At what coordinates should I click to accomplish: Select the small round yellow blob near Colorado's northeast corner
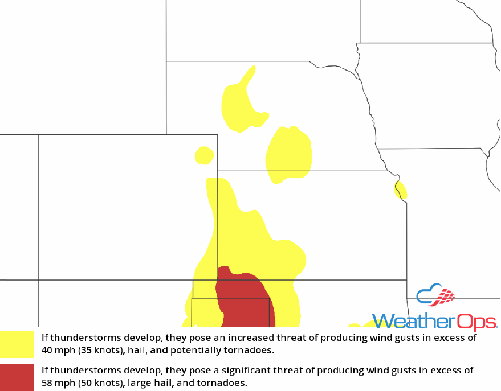(204, 155)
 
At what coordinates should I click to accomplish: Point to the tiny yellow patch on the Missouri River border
(400, 190)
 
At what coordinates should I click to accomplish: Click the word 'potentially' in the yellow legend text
(192, 349)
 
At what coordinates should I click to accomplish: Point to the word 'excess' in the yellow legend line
(448, 338)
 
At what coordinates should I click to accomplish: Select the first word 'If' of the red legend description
(44, 371)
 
